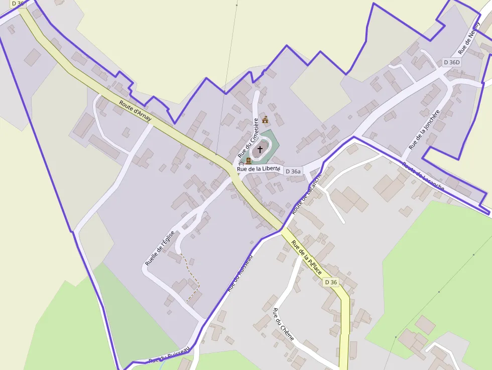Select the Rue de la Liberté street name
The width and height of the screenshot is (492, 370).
click(x=259, y=169)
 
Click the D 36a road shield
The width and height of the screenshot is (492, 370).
click(x=293, y=171)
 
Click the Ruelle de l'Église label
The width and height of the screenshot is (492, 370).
click(x=160, y=248)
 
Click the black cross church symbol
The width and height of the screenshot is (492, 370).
click(x=260, y=149)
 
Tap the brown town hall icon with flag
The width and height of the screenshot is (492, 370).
click(x=265, y=119)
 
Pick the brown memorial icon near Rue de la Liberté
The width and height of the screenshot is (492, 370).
click(x=248, y=161)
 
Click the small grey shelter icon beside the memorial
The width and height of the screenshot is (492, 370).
click(x=241, y=163)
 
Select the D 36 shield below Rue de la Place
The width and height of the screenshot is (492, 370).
click(x=331, y=282)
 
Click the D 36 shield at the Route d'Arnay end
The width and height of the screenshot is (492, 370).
click(x=18, y=4)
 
